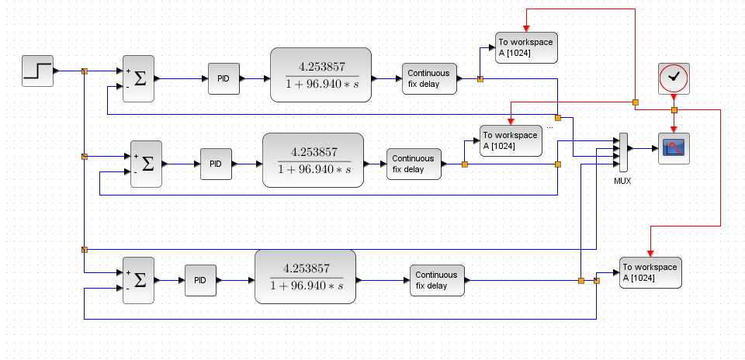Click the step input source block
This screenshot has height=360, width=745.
tap(37, 71)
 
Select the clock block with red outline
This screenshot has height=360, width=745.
tap(674, 78)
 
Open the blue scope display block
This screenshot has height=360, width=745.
tap(674, 148)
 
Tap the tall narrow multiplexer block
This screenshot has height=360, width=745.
tap(622, 151)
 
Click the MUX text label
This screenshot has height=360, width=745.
tap(622, 181)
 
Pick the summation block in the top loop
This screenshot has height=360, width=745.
tap(139, 78)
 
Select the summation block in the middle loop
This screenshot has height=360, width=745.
tap(147, 164)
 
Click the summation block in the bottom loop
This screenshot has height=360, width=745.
tap(139, 280)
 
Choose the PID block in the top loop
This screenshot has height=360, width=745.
tap(223, 78)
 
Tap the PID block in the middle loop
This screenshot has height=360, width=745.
tap(216, 164)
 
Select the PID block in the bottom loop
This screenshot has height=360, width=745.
tap(200, 280)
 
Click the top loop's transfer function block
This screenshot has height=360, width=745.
tap(321, 74)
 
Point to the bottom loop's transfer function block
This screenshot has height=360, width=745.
tap(305, 276)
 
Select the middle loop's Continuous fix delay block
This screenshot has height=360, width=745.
tap(414, 164)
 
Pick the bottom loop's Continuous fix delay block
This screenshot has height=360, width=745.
tap(437, 280)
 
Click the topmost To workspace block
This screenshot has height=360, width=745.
tap(526, 47)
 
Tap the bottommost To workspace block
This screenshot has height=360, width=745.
tap(650, 272)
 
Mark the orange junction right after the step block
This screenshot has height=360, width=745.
tap(85, 71)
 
